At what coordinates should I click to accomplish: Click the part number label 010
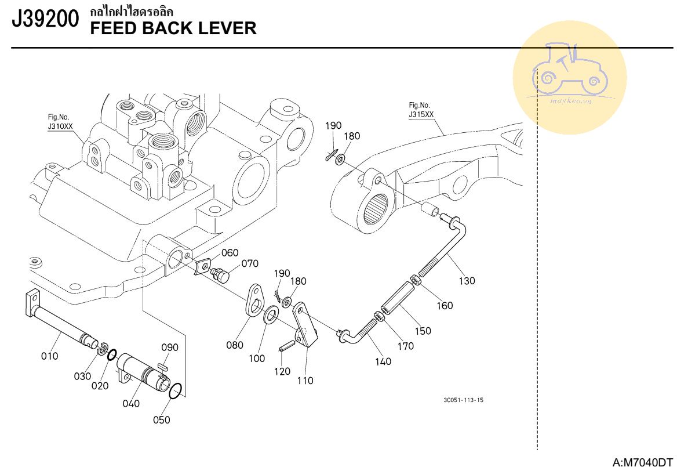point(49,356)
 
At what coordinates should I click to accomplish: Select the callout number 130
point(467,281)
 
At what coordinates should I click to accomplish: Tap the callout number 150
point(423,331)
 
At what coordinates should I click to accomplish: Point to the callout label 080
point(235,345)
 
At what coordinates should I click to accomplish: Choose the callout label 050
point(162,420)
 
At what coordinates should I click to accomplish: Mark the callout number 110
point(305,381)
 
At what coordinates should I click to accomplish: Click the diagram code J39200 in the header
point(45,20)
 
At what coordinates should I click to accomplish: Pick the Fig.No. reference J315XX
point(421,114)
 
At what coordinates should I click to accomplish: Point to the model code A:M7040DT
point(643,462)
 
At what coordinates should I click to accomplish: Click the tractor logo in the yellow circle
point(570,75)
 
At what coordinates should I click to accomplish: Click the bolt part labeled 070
point(221,274)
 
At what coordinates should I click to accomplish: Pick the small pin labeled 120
point(285,345)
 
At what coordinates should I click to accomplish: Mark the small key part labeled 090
point(162,366)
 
